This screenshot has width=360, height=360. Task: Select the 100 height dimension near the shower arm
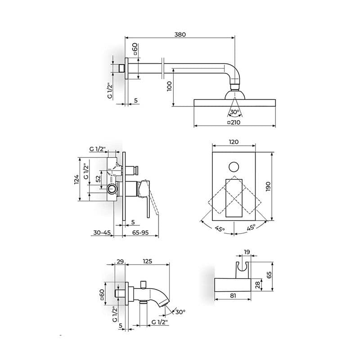point(170,86)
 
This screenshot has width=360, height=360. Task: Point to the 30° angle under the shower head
point(234,112)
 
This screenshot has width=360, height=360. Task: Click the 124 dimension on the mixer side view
point(76,179)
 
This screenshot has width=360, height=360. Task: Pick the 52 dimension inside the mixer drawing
point(98,179)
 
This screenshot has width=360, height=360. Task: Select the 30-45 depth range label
point(101,233)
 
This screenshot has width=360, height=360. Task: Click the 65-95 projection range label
point(140,233)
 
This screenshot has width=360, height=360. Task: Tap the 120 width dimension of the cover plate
point(234,142)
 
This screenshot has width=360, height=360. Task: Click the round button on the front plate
point(234,167)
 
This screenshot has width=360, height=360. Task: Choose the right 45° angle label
point(250,227)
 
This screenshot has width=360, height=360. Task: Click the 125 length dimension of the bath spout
point(147,261)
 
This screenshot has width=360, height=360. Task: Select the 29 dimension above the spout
point(120,261)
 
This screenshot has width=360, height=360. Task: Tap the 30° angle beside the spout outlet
point(180,312)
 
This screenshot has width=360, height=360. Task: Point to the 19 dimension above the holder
point(247,252)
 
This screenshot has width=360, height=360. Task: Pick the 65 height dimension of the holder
point(269,275)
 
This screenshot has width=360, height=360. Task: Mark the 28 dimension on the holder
point(257,285)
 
